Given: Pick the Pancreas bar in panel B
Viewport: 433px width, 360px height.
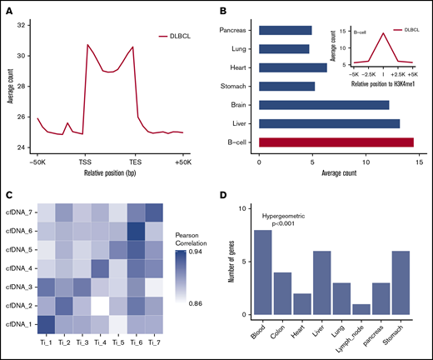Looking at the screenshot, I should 286,30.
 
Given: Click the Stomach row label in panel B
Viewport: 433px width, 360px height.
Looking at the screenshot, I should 240,86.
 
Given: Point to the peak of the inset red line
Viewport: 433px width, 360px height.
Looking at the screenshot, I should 359,32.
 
